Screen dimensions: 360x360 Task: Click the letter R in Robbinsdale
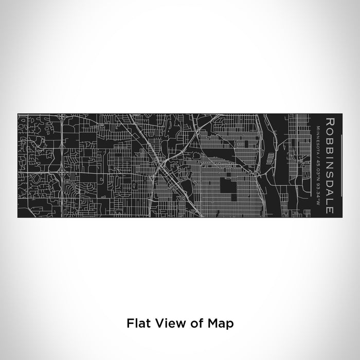coord(328,122)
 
